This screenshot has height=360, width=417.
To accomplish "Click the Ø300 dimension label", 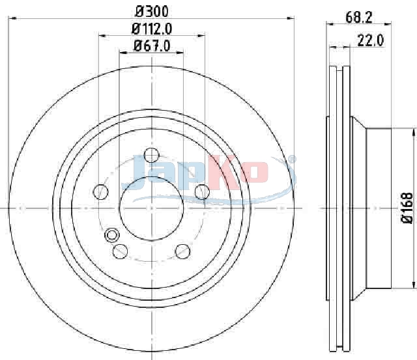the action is coord(152,12).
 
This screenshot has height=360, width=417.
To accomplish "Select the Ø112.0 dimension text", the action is coord(152,29).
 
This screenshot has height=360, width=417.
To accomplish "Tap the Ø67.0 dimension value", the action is coord(152,46).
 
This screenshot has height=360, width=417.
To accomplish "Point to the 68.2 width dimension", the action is coord(358,18).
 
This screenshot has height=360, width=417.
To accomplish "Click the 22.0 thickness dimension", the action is coord(371,41).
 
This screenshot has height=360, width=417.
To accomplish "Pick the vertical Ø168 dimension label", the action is coord(407,208).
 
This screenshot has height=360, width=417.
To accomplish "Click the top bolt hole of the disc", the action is coord(151,155).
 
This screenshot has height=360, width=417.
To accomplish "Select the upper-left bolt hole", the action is coord(101,191).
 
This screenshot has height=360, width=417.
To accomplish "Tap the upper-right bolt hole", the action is coord(202,191).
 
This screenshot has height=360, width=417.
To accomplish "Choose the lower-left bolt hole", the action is coord(120,251).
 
